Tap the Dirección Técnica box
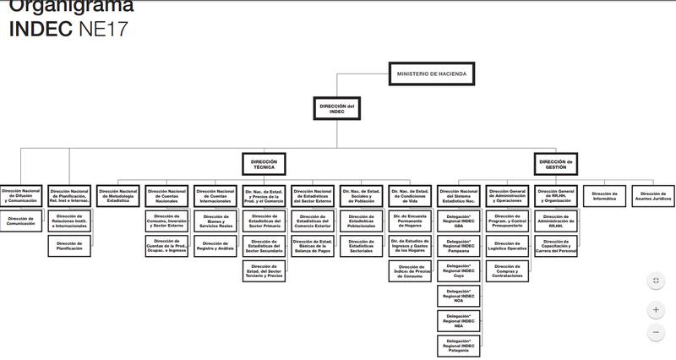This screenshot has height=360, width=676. [264, 163]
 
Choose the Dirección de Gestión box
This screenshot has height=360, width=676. [555, 163]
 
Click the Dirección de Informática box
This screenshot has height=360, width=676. [605, 195]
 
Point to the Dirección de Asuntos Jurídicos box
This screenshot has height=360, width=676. [653, 195]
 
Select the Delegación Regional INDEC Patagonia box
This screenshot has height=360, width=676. [459, 345]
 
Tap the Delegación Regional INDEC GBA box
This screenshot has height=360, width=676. [459, 221]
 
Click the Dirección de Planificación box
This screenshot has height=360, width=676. [70, 247]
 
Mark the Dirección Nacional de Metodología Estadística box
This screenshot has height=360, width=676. [118, 195]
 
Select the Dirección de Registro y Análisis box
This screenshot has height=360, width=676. [215, 247]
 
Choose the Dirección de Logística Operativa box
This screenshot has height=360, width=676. [507, 247]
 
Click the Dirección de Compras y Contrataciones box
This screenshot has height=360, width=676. [507, 270]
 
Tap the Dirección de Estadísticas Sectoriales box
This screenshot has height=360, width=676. [362, 247]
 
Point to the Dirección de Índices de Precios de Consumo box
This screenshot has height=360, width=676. [410, 270]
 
